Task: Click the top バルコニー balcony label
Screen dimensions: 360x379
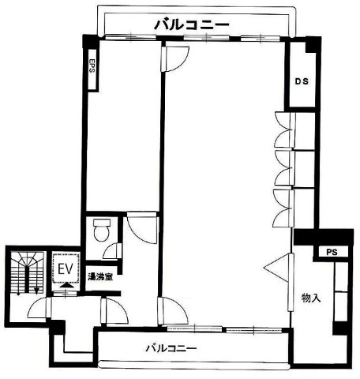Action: pyautogui.click(x=191, y=25)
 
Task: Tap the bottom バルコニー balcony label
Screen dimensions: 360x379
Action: pyautogui.click(x=171, y=348)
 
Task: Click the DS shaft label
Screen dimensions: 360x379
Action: pyautogui.click(x=302, y=81)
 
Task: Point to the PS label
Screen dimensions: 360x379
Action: pyautogui.click(x=332, y=252)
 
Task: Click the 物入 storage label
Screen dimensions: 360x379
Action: pyautogui.click(x=311, y=298)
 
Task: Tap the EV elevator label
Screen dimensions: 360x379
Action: pyautogui.click(x=65, y=269)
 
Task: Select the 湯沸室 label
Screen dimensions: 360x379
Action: pyautogui.click(x=100, y=276)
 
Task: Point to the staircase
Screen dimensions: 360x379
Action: pyautogui.click(x=27, y=273)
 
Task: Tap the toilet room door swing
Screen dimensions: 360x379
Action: pyautogui.click(x=112, y=251)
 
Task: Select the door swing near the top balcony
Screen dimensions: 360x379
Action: pyautogui.click(x=175, y=58)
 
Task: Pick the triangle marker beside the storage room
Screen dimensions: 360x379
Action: pyautogui.click(x=276, y=268)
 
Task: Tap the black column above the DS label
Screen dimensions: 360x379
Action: pyautogui.click(x=312, y=43)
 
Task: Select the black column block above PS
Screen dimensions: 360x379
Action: pyautogui.click(x=324, y=237)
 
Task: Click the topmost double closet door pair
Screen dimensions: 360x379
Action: pyautogui.click(x=284, y=129)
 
